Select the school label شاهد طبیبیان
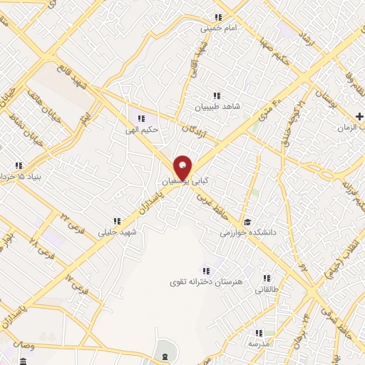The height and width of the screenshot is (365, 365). point(218,108)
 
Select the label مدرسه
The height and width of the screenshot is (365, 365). point(257,343)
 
